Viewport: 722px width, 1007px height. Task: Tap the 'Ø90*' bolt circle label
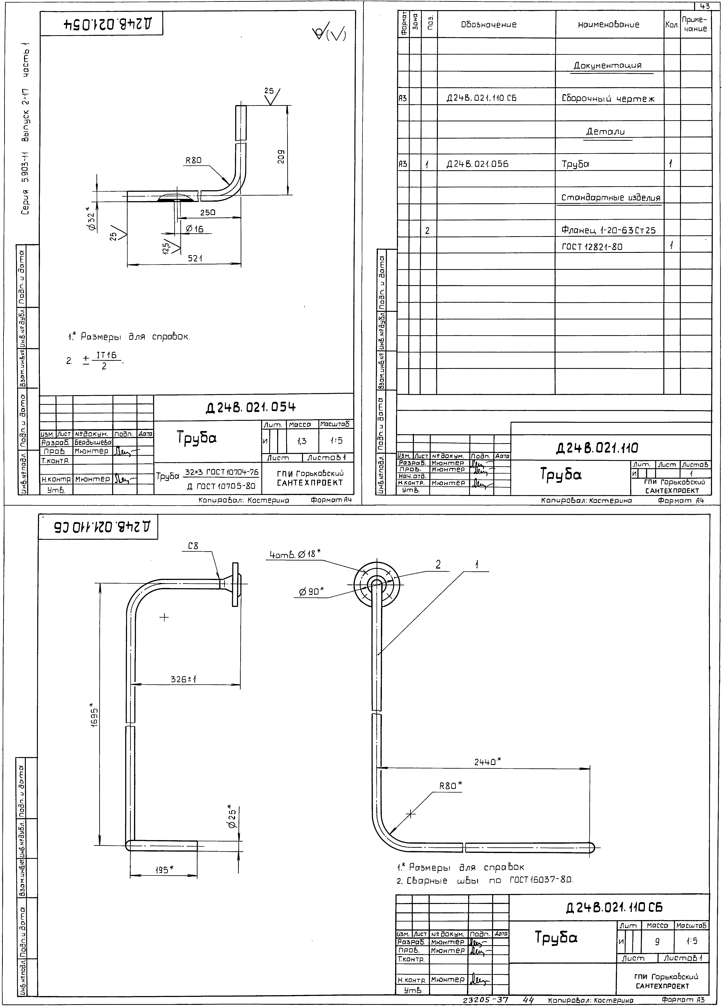tap(311, 592)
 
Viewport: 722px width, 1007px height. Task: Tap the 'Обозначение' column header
tap(489, 25)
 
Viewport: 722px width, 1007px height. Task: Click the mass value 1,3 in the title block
tap(302, 441)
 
